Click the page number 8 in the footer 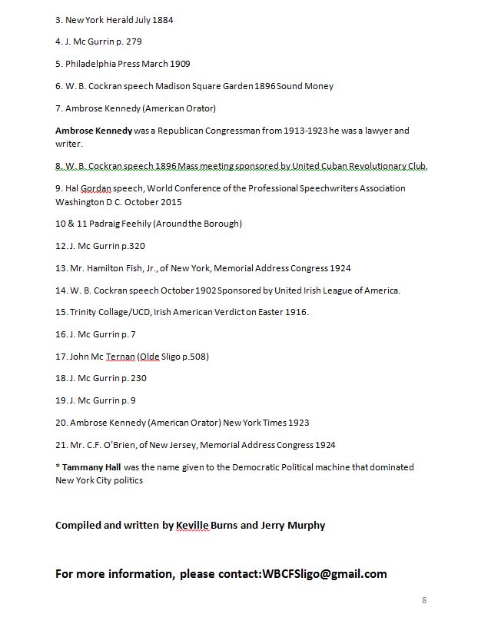423,599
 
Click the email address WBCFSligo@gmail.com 324,574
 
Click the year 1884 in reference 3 160,20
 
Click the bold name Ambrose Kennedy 93,131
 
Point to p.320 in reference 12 131,246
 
